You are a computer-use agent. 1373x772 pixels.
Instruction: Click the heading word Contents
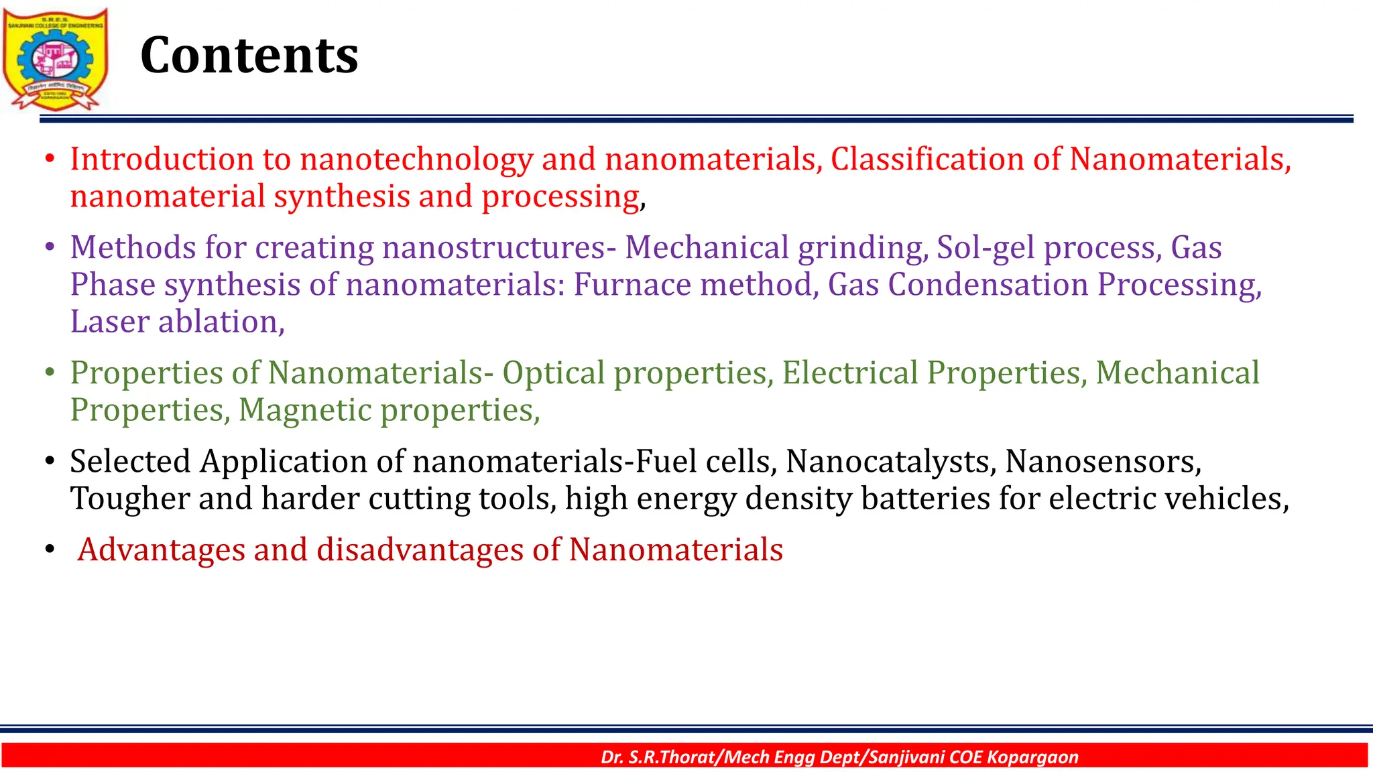coord(249,55)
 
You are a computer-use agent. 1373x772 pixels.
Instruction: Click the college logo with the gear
coord(55,59)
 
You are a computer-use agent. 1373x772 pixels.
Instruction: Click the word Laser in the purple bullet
coord(109,322)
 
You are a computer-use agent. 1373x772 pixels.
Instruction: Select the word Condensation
coord(988,285)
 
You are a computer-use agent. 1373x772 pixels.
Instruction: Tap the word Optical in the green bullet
coord(553,373)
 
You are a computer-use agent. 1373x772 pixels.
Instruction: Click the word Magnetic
coord(305,410)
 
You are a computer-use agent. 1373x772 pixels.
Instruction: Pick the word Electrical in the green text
coord(849,373)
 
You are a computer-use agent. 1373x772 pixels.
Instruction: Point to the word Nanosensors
coord(1103,462)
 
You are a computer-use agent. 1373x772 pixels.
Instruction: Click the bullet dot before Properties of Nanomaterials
coord(49,373)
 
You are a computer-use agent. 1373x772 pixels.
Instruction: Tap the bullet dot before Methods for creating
coord(49,248)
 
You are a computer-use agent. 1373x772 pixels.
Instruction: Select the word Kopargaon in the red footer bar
coord(1032,757)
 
